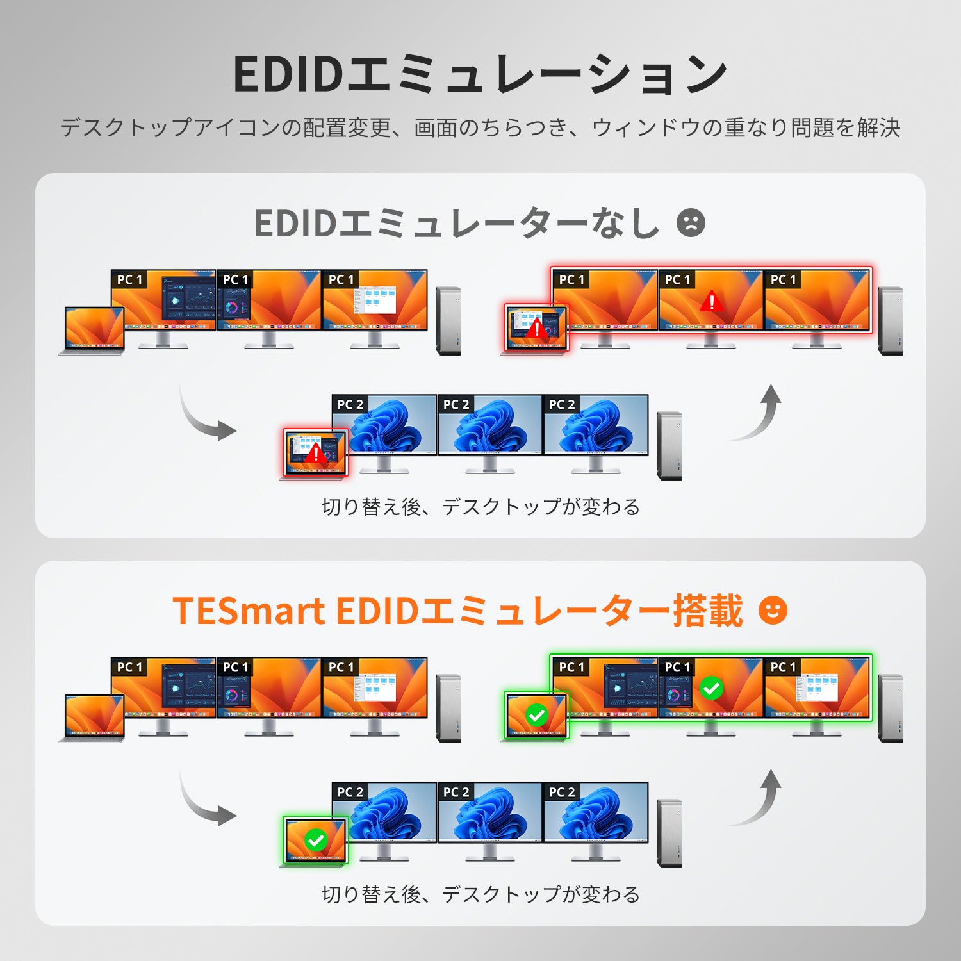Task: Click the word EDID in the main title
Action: point(289,74)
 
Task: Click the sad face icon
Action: point(691,223)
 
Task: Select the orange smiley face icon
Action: point(773,610)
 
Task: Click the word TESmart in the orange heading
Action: point(249,611)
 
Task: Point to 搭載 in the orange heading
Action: point(707,611)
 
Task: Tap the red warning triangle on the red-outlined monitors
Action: point(711,300)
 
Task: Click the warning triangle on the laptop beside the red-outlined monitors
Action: point(537,329)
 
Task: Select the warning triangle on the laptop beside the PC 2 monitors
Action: point(316,453)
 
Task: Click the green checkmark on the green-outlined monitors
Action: point(711,688)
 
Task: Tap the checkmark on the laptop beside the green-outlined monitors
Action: point(536,715)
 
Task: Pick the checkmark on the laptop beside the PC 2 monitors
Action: point(315,840)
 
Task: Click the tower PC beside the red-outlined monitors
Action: point(891,321)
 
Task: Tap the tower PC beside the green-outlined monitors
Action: point(891,709)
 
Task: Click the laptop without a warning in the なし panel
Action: point(92,331)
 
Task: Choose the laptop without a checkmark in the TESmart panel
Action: point(92,718)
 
